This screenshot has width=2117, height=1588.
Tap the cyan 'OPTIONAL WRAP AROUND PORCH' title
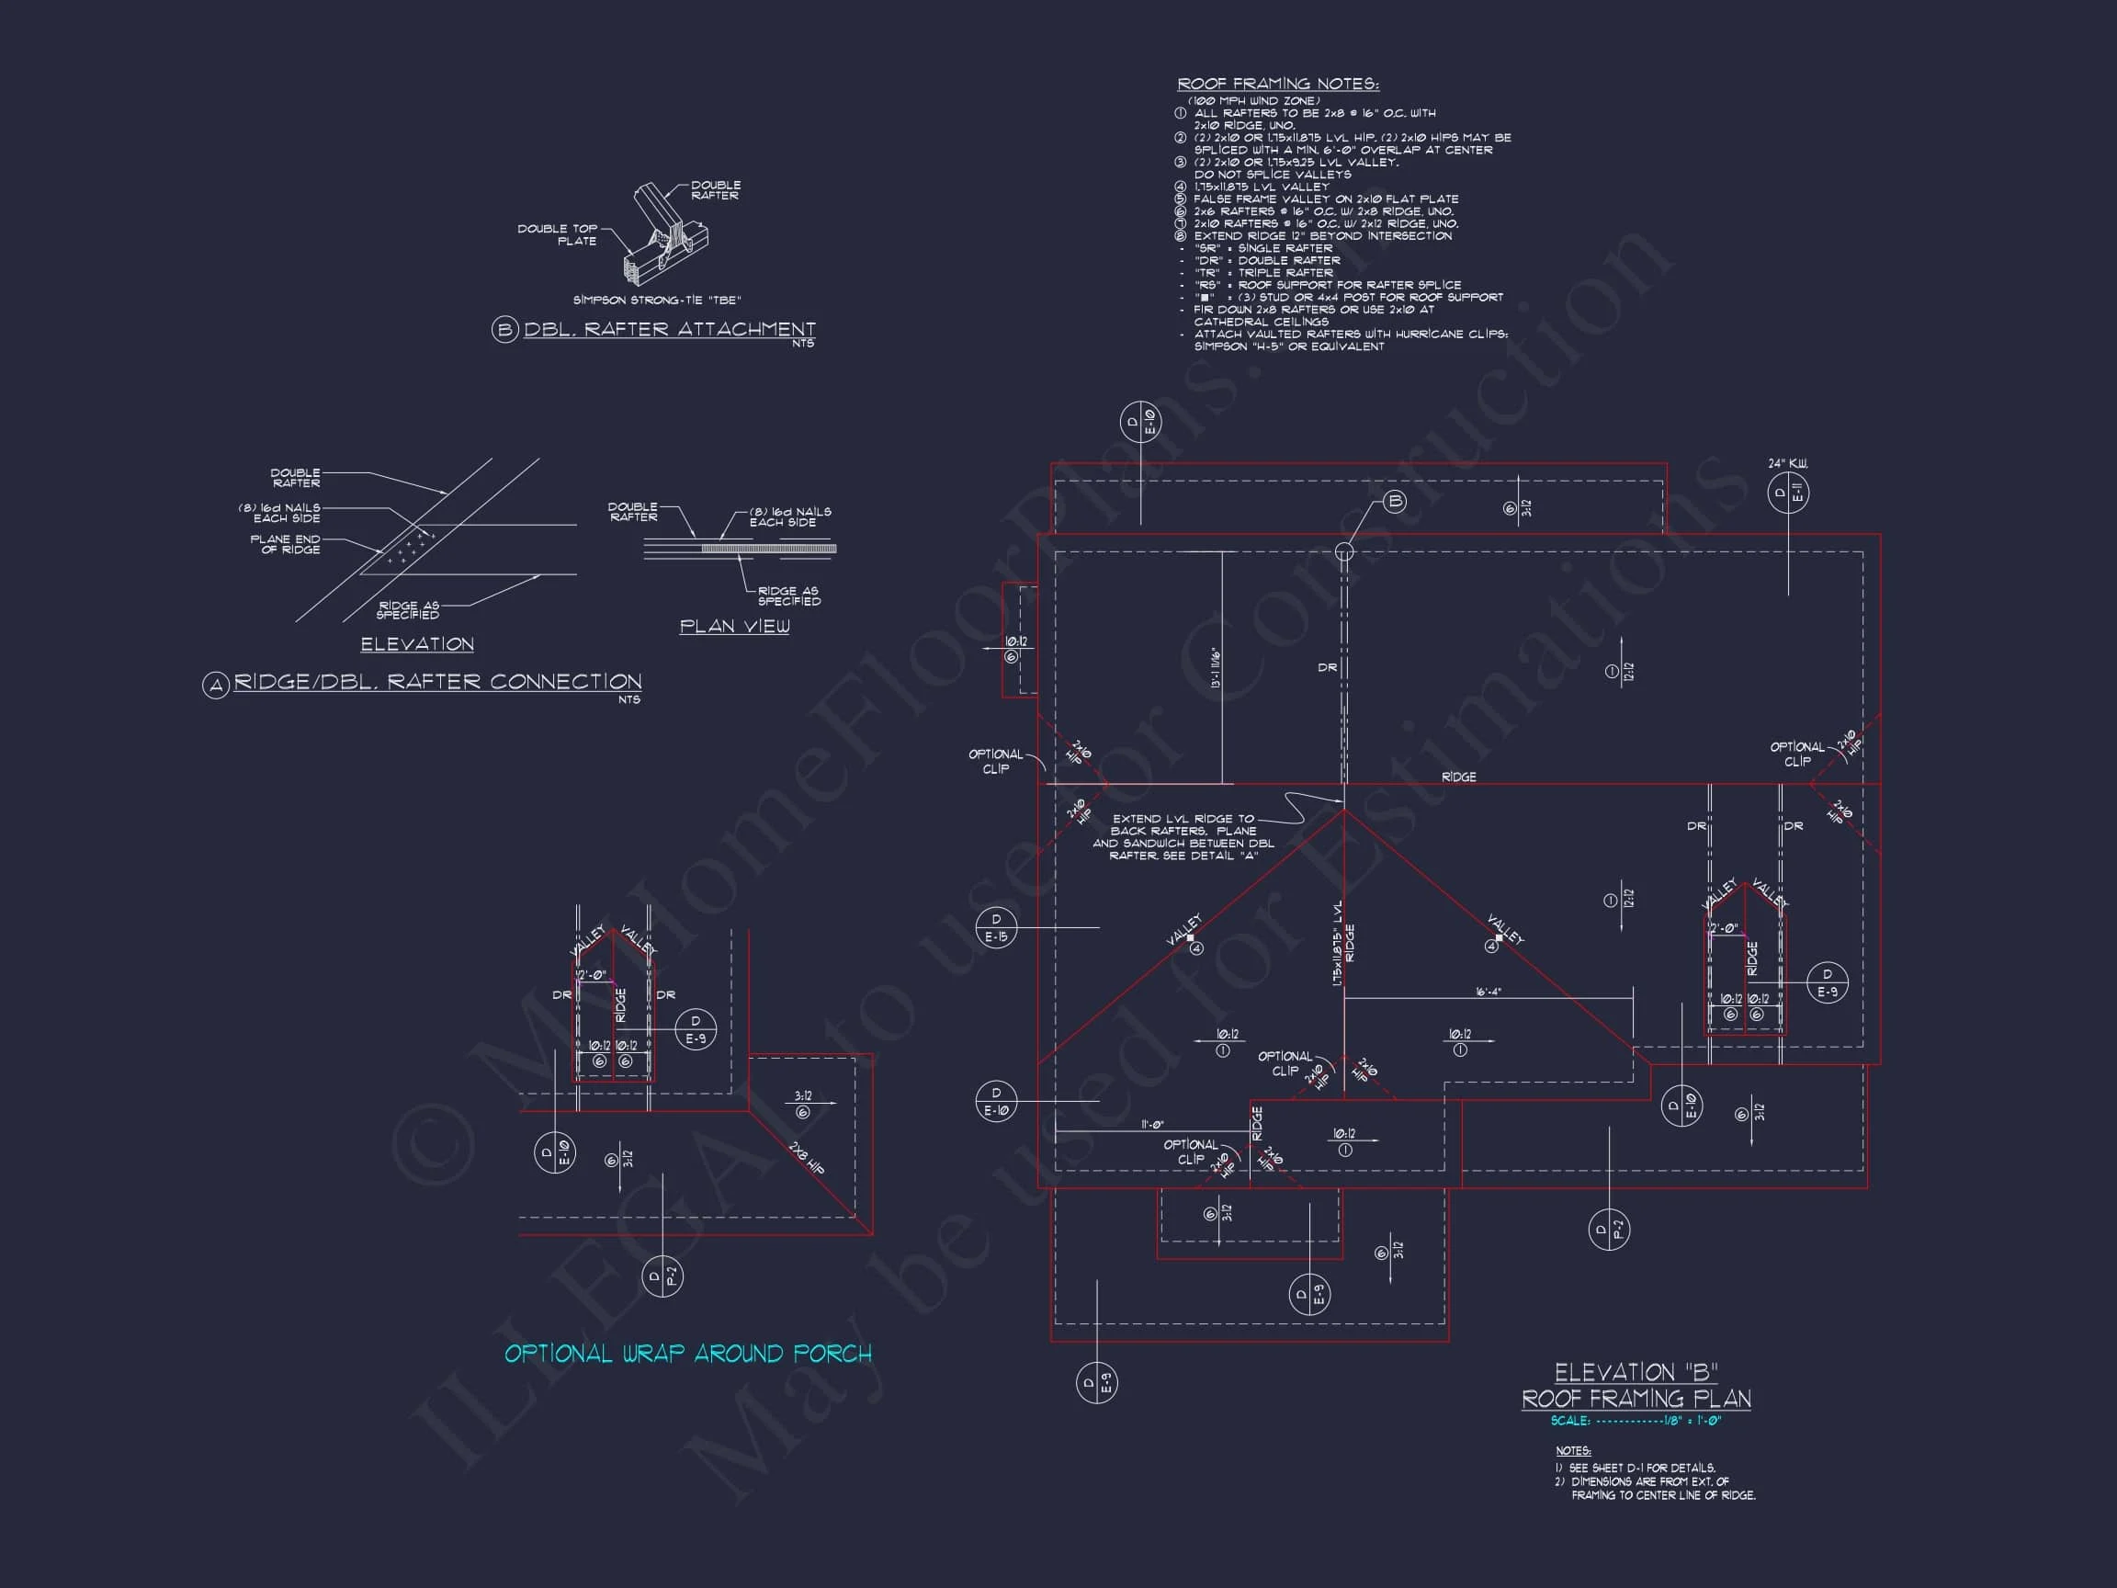click(688, 1354)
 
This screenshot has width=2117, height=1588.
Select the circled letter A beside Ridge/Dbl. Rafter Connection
click(215, 686)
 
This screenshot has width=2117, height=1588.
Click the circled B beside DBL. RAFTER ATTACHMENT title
click(504, 331)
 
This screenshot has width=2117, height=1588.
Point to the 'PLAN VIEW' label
click(734, 626)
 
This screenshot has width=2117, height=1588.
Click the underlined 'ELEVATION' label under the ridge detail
click(416, 644)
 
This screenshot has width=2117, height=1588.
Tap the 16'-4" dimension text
click(1488, 992)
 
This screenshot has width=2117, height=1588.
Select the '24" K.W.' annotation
click(1788, 464)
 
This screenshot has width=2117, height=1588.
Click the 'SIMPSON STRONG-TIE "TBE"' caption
click(657, 301)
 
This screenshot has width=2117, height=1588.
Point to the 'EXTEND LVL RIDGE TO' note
click(1183, 820)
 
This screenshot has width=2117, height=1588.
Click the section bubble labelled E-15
click(995, 928)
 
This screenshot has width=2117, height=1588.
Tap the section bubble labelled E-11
click(1788, 493)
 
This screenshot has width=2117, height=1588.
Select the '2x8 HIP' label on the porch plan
click(808, 1157)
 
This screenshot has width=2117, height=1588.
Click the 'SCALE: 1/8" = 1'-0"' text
click(1636, 1421)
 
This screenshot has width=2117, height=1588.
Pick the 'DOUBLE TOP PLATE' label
click(557, 234)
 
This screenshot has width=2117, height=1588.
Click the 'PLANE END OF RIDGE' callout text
click(285, 544)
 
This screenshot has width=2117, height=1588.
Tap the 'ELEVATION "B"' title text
click(1636, 1372)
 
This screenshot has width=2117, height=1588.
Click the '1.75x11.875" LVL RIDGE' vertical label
click(1343, 943)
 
